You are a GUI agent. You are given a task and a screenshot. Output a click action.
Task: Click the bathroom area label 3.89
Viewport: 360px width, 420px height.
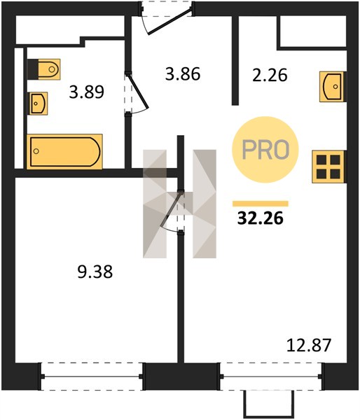pyautogui.click(x=86, y=92)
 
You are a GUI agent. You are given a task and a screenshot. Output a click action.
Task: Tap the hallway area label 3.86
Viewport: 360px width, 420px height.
pyautogui.click(x=183, y=74)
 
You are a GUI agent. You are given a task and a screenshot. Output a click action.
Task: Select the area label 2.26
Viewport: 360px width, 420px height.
pyautogui.click(x=270, y=75)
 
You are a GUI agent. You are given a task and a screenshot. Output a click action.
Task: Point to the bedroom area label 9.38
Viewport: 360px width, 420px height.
pyautogui.click(x=95, y=272)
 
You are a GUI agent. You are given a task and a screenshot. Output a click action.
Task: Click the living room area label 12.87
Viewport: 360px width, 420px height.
pyautogui.click(x=309, y=345)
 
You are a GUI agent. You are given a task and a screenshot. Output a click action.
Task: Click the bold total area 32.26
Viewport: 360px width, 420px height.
pyautogui.click(x=261, y=218)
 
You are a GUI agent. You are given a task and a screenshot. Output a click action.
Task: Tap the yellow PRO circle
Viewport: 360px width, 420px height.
pyautogui.click(x=265, y=150)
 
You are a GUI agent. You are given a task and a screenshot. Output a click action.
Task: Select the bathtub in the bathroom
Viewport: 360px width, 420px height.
pyautogui.click(x=64, y=152)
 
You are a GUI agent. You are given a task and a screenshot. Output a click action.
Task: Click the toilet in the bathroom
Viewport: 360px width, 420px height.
pyautogui.click(x=44, y=69)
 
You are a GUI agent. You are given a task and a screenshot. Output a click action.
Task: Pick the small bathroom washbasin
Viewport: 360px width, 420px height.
pyautogui.click(x=39, y=104)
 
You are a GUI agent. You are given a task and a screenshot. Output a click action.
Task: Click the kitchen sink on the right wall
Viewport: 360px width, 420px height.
pyautogui.click(x=332, y=87)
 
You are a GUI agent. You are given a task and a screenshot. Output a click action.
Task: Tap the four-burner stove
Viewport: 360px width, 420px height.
pyautogui.click(x=328, y=167)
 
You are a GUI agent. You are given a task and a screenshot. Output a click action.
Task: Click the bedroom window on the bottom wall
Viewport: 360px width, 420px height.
pyautogui.click(x=92, y=377)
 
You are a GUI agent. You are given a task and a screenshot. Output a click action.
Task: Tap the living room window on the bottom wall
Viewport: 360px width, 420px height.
pyautogui.click(x=271, y=377)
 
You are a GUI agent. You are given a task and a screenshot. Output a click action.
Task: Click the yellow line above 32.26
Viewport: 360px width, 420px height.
pyautogui.click(x=261, y=204)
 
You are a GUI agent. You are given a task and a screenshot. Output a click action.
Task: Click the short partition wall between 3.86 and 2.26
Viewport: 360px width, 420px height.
pyautogui.click(x=235, y=60)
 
